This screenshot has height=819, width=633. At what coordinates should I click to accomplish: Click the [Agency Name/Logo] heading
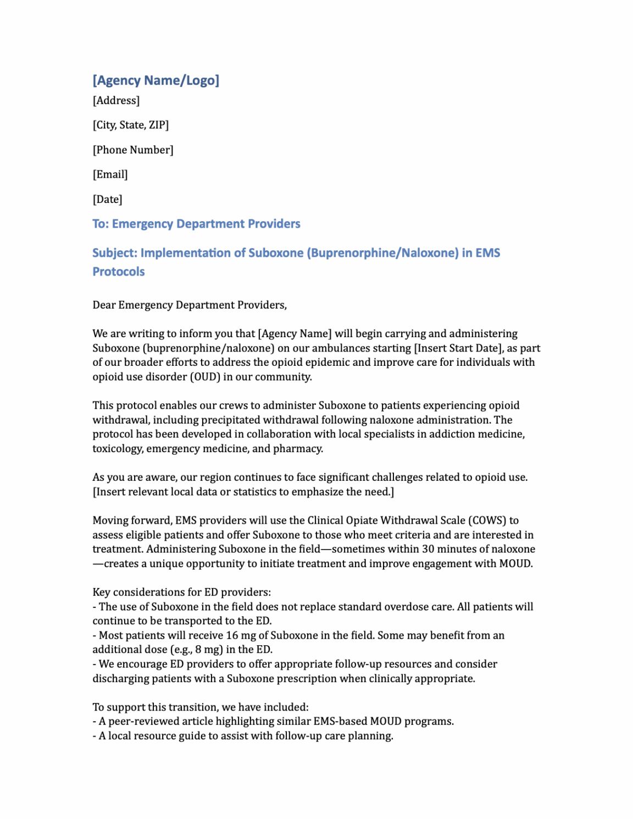click(x=156, y=80)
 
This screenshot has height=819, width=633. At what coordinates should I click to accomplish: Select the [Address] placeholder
click(x=116, y=101)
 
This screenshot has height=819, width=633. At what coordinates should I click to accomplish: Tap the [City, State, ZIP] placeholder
click(x=130, y=125)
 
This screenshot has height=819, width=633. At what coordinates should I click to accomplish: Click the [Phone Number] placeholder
click(x=133, y=150)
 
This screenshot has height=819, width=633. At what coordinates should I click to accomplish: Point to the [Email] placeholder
click(x=110, y=174)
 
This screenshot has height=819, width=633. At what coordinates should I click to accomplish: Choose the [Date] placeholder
click(x=107, y=199)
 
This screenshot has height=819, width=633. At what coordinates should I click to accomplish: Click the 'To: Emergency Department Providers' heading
click(x=196, y=224)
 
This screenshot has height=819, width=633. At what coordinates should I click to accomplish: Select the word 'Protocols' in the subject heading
click(x=118, y=272)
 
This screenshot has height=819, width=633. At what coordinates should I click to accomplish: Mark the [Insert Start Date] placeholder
click(x=458, y=348)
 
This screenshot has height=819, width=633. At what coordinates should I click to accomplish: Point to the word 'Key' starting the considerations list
click(x=101, y=592)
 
